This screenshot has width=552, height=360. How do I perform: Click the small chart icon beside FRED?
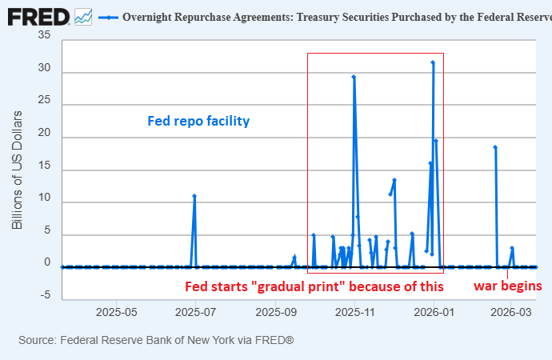pyautogui.click(x=83, y=15)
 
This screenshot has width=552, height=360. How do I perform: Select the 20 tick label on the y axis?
pyautogui.click(x=45, y=136)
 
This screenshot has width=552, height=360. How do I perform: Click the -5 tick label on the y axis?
pyautogui.click(x=46, y=295)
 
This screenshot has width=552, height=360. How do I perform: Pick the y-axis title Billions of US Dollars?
pyautogui.click(x=17, y=168)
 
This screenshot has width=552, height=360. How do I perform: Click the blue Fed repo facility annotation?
pyautogui.click(x=198, y=122)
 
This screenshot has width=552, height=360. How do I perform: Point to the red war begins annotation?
pyautogui.click(x=508, y=286)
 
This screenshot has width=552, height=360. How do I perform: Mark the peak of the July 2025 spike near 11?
pyautogui.click(x=194, y=196)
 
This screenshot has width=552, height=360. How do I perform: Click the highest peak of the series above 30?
pyautogui.click(x=433, y=62)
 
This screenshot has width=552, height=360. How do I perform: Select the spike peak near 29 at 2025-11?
pyautogui.click(x=354, y=77)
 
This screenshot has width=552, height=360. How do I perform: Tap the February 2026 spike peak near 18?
pyautogui.click(x=495, y=147)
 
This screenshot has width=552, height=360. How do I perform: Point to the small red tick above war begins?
pyautogui.click(x=508, y=273)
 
